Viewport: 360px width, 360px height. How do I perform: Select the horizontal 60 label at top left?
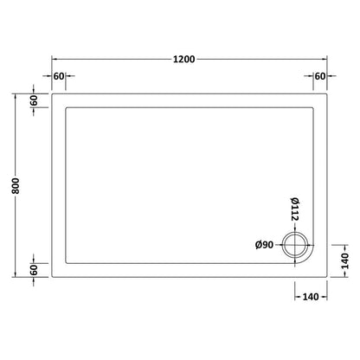click(60, 76)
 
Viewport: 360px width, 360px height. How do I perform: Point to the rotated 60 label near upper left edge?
click(34, 101)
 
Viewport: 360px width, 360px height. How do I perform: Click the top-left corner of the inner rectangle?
click(67, 108)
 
